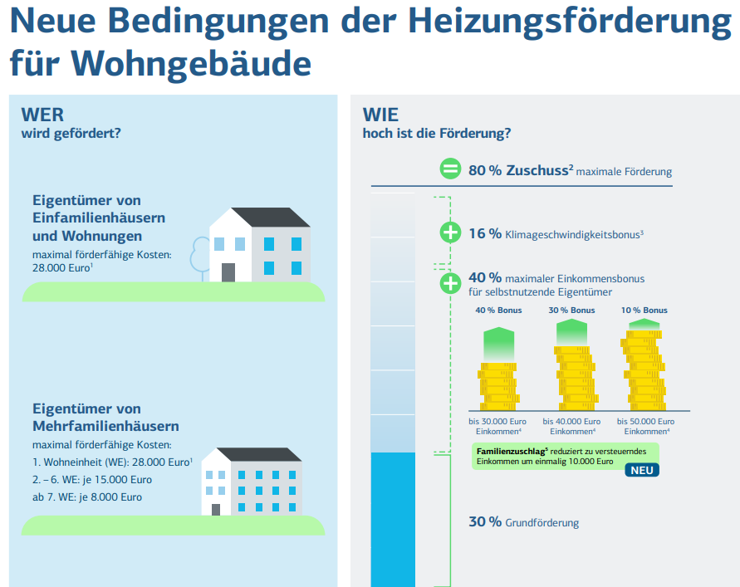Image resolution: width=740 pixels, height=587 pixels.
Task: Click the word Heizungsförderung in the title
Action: [570, 22]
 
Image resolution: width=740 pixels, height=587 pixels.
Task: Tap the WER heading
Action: [42, 115]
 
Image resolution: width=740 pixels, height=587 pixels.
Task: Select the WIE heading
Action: [380, 115]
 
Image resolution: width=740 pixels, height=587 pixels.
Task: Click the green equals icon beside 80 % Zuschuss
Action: [450, 169]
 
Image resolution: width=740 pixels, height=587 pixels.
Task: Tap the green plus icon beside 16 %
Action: [450, 232]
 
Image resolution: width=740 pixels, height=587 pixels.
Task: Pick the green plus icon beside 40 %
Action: [450, 283]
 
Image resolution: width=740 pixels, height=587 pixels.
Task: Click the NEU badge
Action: [642, 471]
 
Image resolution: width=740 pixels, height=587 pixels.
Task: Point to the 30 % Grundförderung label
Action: [523, 522]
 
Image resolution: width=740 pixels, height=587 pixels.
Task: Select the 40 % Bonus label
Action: [498, 311]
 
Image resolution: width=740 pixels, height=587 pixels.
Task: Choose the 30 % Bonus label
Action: [571, 311]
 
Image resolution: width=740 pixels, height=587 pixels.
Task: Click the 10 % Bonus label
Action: [644, 311]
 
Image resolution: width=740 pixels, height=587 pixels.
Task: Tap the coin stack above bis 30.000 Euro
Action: [498, 386]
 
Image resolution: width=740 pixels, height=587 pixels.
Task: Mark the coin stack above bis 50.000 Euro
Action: [644, 370]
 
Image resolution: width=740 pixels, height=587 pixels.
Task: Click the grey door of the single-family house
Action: [228, 272]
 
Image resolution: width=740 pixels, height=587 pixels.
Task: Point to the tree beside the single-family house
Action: [201, 258]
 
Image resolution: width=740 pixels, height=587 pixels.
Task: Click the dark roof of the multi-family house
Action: [259, 454]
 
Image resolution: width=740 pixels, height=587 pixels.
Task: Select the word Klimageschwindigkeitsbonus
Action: [574, 234]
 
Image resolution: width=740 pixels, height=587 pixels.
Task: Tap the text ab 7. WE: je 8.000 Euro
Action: [87, 497]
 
